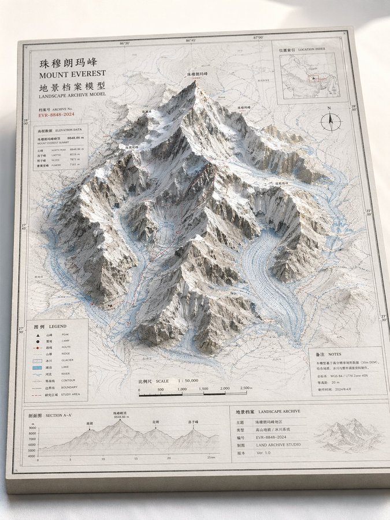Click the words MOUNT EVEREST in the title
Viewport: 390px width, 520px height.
(x=72, y=74)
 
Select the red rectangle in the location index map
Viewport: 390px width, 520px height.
(x=315, y=77)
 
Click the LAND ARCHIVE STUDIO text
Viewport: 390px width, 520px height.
(x=277, y=445)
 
